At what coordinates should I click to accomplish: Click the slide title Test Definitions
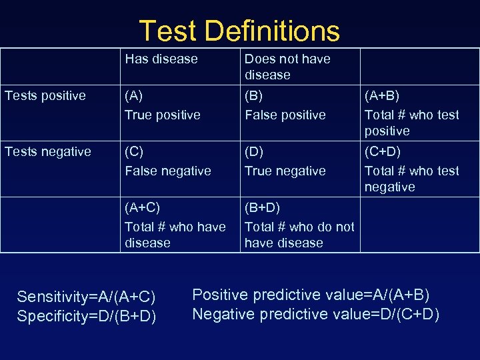pyautogui.click(x=239, y=31)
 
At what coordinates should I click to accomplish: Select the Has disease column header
pyautogui.click(x=161, y=59)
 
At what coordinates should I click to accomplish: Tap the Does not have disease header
pyautogui.click(x=287, y=67)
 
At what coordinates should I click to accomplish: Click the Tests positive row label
pyautogui.click(x=45, y=95)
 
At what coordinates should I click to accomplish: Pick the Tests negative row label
pyautogui.click(x=48, y=151)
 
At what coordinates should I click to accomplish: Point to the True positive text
pyautogui.click(x=163, y=115)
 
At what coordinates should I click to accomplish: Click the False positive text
pyautogui.click(x=285, y=115)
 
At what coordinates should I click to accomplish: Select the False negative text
pyautogui.click(x=168, y=171)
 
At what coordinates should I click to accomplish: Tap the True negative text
pyautogui.click(x=285, y=171)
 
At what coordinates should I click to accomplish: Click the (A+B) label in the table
pyautogui.click(x=382, y=95)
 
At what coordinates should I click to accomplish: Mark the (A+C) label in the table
pyautogui.click(x=143, y=207)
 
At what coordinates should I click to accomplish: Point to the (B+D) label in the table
pyautogui.click(x=262, y=207)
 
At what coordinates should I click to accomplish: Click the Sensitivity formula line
pyautogui.click(x=86, y=297)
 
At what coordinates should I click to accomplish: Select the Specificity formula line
pyautogui.click(x=87, y=315)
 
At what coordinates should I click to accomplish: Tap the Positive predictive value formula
pyautogui.click(x=311, y=294)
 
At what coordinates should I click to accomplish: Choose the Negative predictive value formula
pyautogui.click(x=316, y=313)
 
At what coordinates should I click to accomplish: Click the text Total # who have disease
pyautogui.click(x=175, y=235)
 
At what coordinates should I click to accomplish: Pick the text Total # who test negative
pyautogui.click(x=411, y=179)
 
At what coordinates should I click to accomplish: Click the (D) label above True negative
pyautogui.click(x=253, y=151)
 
